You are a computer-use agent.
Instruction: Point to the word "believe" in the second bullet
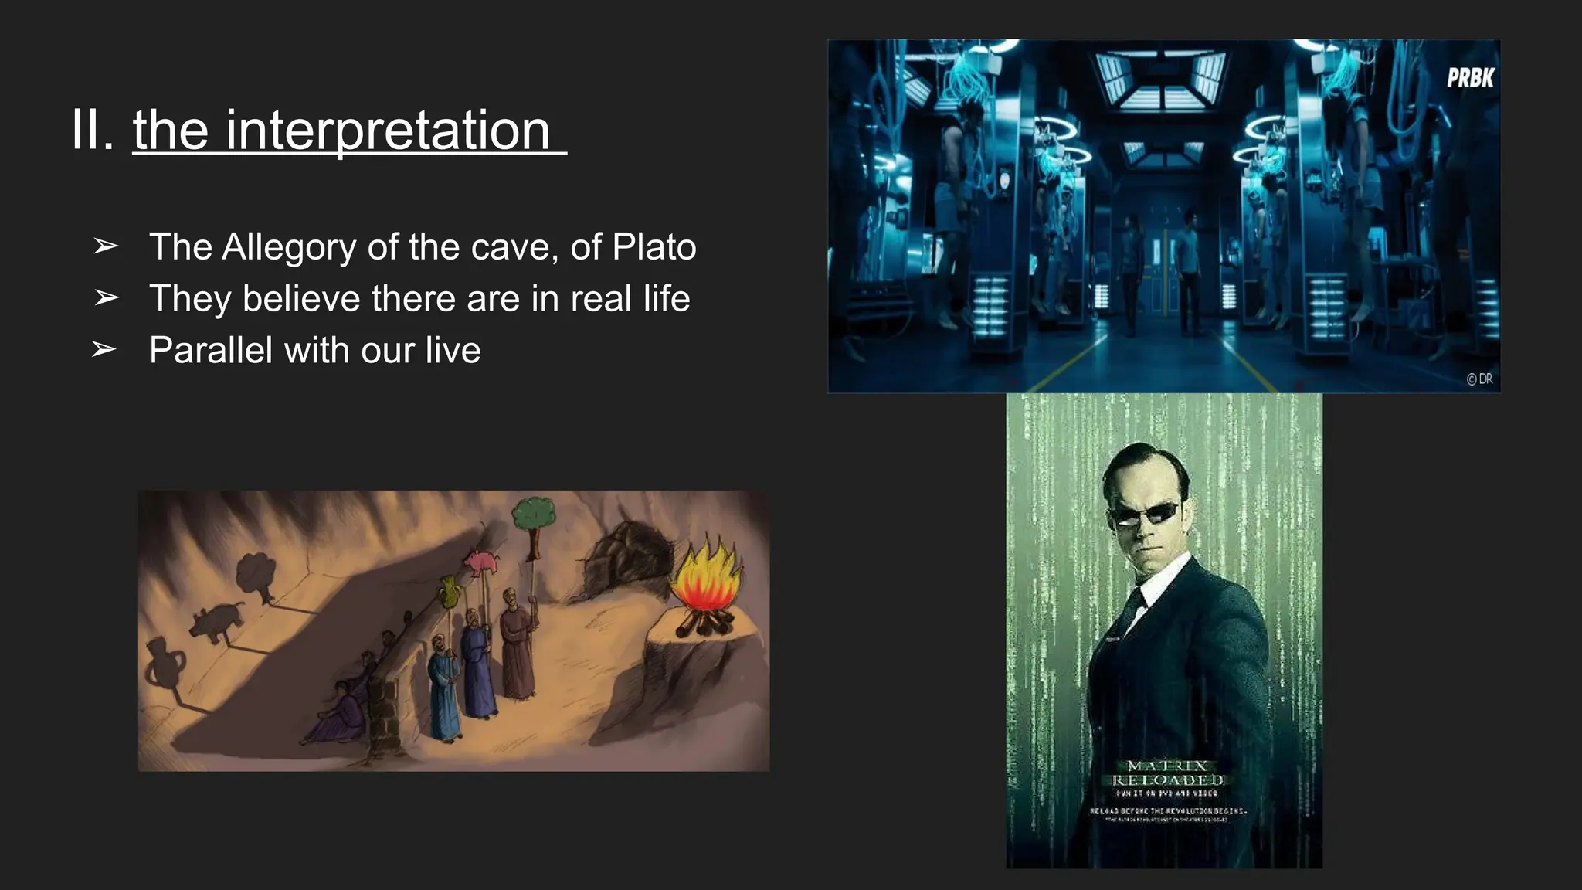301,298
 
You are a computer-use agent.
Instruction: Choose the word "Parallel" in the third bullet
211,350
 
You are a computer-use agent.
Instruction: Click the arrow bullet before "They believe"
106,297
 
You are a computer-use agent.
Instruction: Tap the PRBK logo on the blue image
1470,78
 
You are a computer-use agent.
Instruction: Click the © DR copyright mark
1479,379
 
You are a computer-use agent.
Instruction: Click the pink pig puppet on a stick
482,561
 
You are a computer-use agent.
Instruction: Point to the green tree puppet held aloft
534,514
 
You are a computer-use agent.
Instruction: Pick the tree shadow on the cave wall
257,572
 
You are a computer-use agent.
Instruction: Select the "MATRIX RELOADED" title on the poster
1167,773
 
